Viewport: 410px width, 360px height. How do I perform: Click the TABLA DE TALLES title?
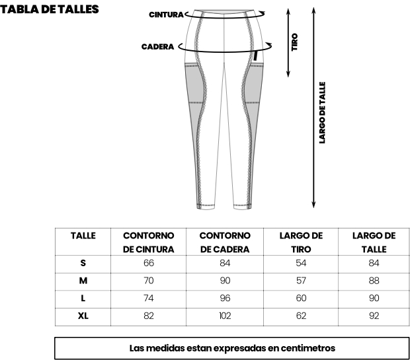[x=50, y=9]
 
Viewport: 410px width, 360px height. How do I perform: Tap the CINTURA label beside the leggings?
[x=166, y=15]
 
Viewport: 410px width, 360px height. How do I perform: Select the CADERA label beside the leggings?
[x=157, y=47]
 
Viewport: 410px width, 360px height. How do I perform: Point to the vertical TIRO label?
[x=295, y=42]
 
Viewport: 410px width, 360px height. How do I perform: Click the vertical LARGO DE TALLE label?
[x=323, y=112]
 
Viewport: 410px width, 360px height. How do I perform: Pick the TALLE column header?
[x=83, y=236]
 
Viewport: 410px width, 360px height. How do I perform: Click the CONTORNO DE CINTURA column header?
[x=149, y=242]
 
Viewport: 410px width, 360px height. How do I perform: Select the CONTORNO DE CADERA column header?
[x=225, y=242]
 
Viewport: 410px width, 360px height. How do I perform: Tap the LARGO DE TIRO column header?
[x=301, y=242]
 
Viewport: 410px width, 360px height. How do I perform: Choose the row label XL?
[x=83, y=316]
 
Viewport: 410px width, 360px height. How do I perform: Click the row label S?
[x=83, y=263]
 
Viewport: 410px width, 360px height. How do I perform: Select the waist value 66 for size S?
[x=149, y=263]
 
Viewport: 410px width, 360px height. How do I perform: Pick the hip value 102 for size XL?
[x=225, y=316]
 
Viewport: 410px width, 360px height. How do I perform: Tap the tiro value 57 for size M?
[x=301, y=281]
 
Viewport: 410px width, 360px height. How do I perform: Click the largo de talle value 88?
[x=374, y=281]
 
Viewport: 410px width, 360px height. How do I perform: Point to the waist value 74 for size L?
[x=149, y=298]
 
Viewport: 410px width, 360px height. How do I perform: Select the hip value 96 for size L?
[x=225, y=298]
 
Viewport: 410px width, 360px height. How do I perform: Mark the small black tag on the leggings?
[x=255, y=56]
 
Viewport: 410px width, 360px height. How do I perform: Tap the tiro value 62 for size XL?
[x=301, y=316]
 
